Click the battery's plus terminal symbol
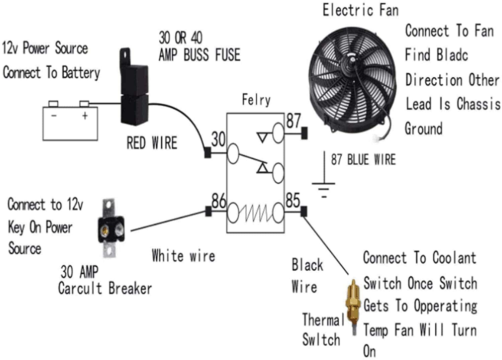pos(85,116)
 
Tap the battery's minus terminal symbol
pos(54,116)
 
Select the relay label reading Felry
pos(256,100)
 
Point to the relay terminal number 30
pos(218,139)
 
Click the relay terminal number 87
pos(294,121)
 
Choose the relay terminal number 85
pos(293,201)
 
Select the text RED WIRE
pos(152,143)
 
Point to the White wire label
pos(183,256)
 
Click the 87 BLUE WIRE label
pos(363,160)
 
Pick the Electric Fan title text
pos(360,10)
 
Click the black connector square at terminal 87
pos(304,133)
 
